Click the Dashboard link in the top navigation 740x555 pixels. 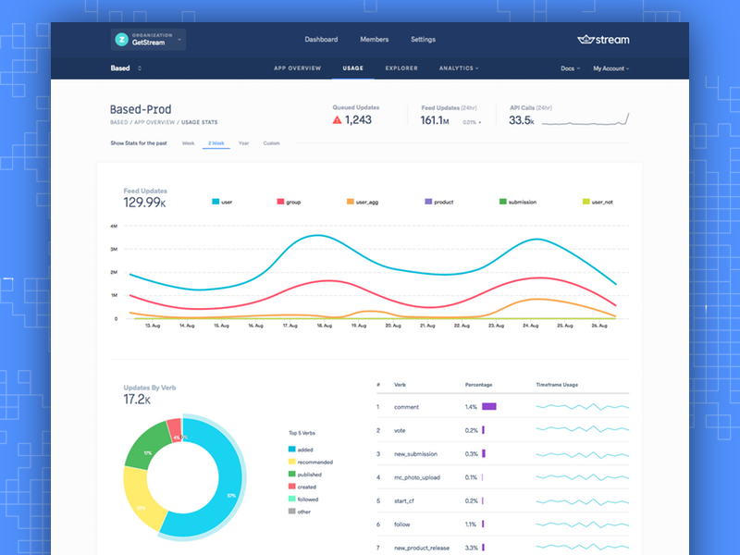(321, 40)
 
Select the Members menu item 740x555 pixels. (374, 40)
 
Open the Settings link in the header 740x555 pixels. (423, 40)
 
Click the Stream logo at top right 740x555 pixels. (602, 40)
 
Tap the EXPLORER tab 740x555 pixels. (401, 68)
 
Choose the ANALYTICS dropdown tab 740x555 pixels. (458, 68)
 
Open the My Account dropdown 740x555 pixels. (610, 68)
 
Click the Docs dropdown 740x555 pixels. (570, 68)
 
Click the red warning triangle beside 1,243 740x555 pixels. (338, 120)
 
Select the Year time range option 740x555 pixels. (243, 143)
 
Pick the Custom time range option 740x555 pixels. (271, 143)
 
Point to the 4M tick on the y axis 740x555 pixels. (113, 226)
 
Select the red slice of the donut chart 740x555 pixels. (174, 427)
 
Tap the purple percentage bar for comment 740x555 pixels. (489, 406)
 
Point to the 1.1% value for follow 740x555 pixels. (471, 524)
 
